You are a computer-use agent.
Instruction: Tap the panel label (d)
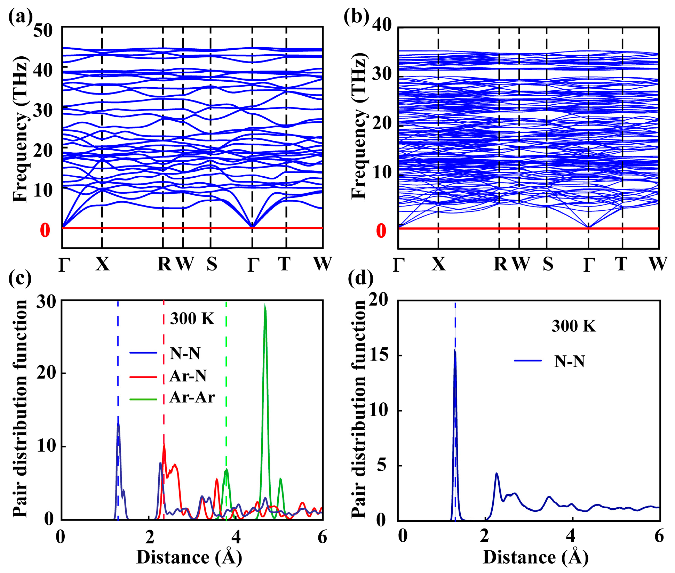pos(360,278)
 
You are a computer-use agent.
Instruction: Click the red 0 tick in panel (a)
pos(45,230)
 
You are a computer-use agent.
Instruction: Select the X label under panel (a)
pos(103,264)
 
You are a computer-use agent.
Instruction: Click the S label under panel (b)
pos(548,264)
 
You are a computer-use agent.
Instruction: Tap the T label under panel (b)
pos(621,264)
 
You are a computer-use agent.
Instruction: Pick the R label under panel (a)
pos(164,264)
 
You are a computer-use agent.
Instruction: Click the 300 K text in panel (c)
pos(192,318)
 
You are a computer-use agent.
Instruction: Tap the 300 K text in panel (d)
pos(573,326)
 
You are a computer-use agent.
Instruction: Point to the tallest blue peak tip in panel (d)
pos(454,350)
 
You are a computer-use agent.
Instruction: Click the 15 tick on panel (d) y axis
pos(378,356)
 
